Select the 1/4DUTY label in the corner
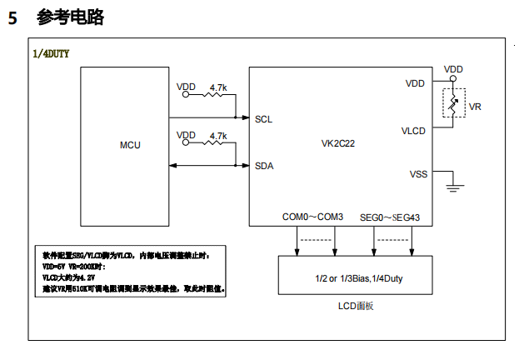[51, 53]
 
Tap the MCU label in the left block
[130, 145]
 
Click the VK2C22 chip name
[338, 144]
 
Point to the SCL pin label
[264, 119]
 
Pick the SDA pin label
[264, 165]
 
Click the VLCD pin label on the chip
[413, 132]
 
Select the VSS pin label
[418, 174]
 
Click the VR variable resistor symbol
[454, 105]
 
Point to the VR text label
[476, 107]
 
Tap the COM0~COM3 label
[312, 217]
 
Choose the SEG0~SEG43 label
[390, 217]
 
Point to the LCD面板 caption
[357, 306]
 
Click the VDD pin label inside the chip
[415, 83]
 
